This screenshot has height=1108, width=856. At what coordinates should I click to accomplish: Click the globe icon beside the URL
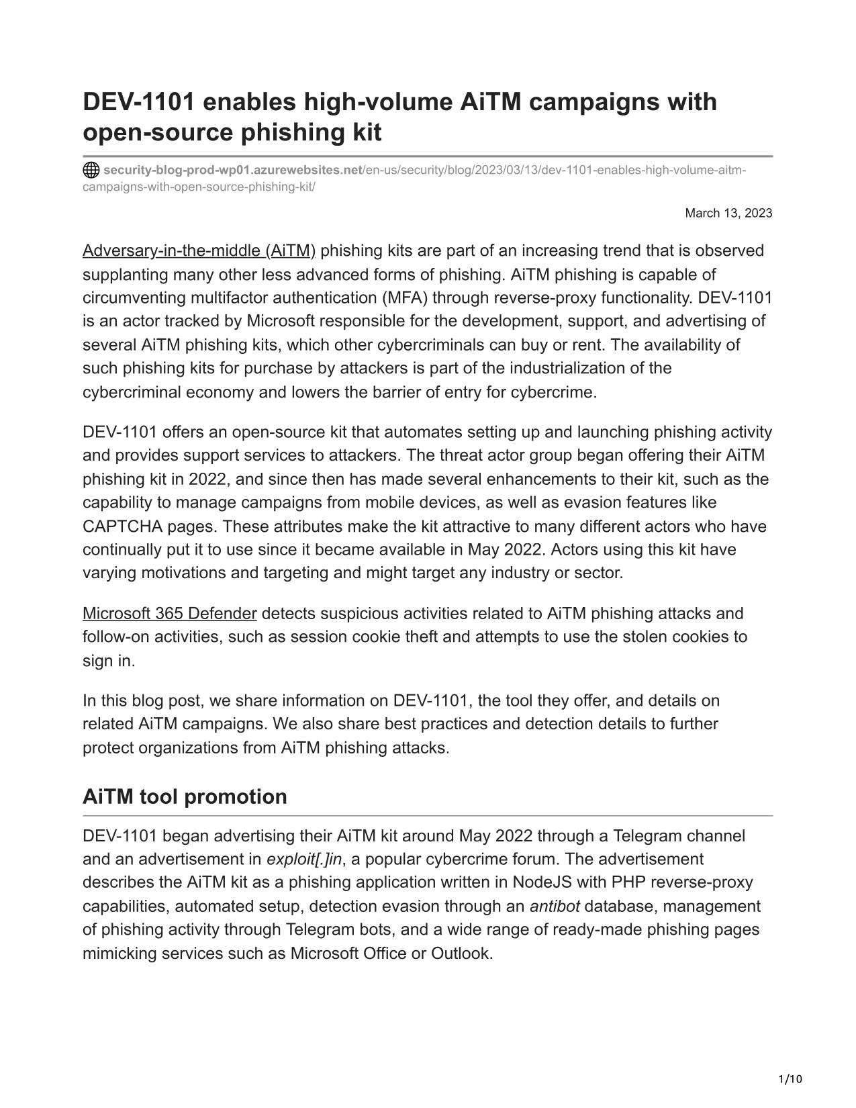[x=91, y=170]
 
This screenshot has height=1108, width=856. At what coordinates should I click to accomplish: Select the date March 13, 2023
[x=728, y=214]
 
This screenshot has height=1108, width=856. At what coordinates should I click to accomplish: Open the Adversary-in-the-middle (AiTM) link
[x=199, y=251]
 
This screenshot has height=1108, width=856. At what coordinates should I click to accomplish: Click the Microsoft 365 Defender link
[x=169, y=614]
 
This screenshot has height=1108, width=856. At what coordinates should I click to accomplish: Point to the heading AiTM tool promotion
[x=185, y=796]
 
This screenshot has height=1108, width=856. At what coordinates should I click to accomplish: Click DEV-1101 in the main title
[x=138, y=102]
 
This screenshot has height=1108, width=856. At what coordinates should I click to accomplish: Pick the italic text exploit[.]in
[x=303, y=860]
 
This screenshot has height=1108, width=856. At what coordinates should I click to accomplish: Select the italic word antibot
[x=555, y=907]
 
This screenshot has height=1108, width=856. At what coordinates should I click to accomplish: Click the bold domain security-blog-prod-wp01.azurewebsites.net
[x=232, y=170]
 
